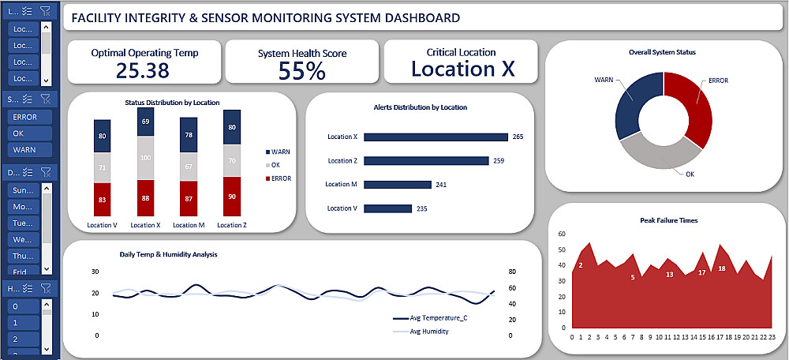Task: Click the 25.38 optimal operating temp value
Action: (143, 70)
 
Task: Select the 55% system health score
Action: (302, 71)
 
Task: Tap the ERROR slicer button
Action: (25, 117)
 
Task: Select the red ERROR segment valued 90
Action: (231, 197)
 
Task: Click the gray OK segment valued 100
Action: (145, 158)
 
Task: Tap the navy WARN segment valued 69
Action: (145, 122)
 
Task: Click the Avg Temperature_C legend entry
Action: (438, 318)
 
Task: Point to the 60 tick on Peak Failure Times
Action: (561, 234)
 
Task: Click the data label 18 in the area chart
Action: (722, 269)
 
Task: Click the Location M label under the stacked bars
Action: (188, 225)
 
